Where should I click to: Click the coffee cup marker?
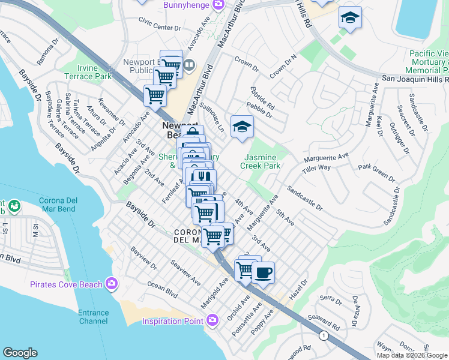(x=263, y=273)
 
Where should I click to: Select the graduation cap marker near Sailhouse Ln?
(x=242, y=127)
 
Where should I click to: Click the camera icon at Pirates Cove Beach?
(x=111, y=283)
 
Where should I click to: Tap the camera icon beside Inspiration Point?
(x=212, y=321)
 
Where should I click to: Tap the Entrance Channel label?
(x=93, y=317)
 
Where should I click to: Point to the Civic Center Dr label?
(x=159, y=28)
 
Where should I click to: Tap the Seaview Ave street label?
(x=185, y=271)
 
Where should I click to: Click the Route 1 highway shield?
(x=324, y=336)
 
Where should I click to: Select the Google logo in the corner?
(x=20, y=353)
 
